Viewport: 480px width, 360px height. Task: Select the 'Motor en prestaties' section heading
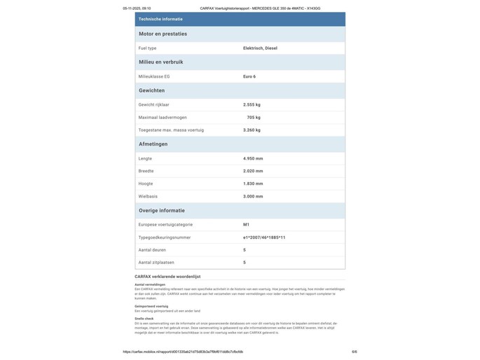click(163, 34)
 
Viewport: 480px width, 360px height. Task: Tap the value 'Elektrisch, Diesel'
click(260, 48)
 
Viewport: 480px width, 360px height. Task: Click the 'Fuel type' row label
click(148, 48)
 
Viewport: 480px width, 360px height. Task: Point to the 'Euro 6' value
click(249, 76)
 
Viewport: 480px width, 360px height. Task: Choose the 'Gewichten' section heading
click(152, 90)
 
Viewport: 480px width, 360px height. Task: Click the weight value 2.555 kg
click(252, 104)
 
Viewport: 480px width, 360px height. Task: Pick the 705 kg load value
click(254, 118)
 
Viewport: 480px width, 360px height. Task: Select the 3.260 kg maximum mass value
click(252, 130)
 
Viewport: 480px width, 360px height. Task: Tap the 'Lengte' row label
click(145, 158)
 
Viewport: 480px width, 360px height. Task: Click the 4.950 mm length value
click(253, 158)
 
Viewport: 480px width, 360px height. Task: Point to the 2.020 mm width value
click(253, 171)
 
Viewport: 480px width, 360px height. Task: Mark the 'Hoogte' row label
click(146, 184)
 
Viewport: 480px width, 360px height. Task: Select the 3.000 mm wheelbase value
click(253, 196)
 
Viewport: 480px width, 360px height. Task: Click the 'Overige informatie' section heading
click(162, 210)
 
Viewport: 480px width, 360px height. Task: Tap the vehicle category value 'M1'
click(246, 225)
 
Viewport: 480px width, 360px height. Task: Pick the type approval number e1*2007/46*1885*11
click(264, 237)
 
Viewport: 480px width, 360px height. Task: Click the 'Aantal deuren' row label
click(153, 250)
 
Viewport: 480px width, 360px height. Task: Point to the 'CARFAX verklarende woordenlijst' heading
click(167, 277)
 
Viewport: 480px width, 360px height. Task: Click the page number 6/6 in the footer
click(354, 352)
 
